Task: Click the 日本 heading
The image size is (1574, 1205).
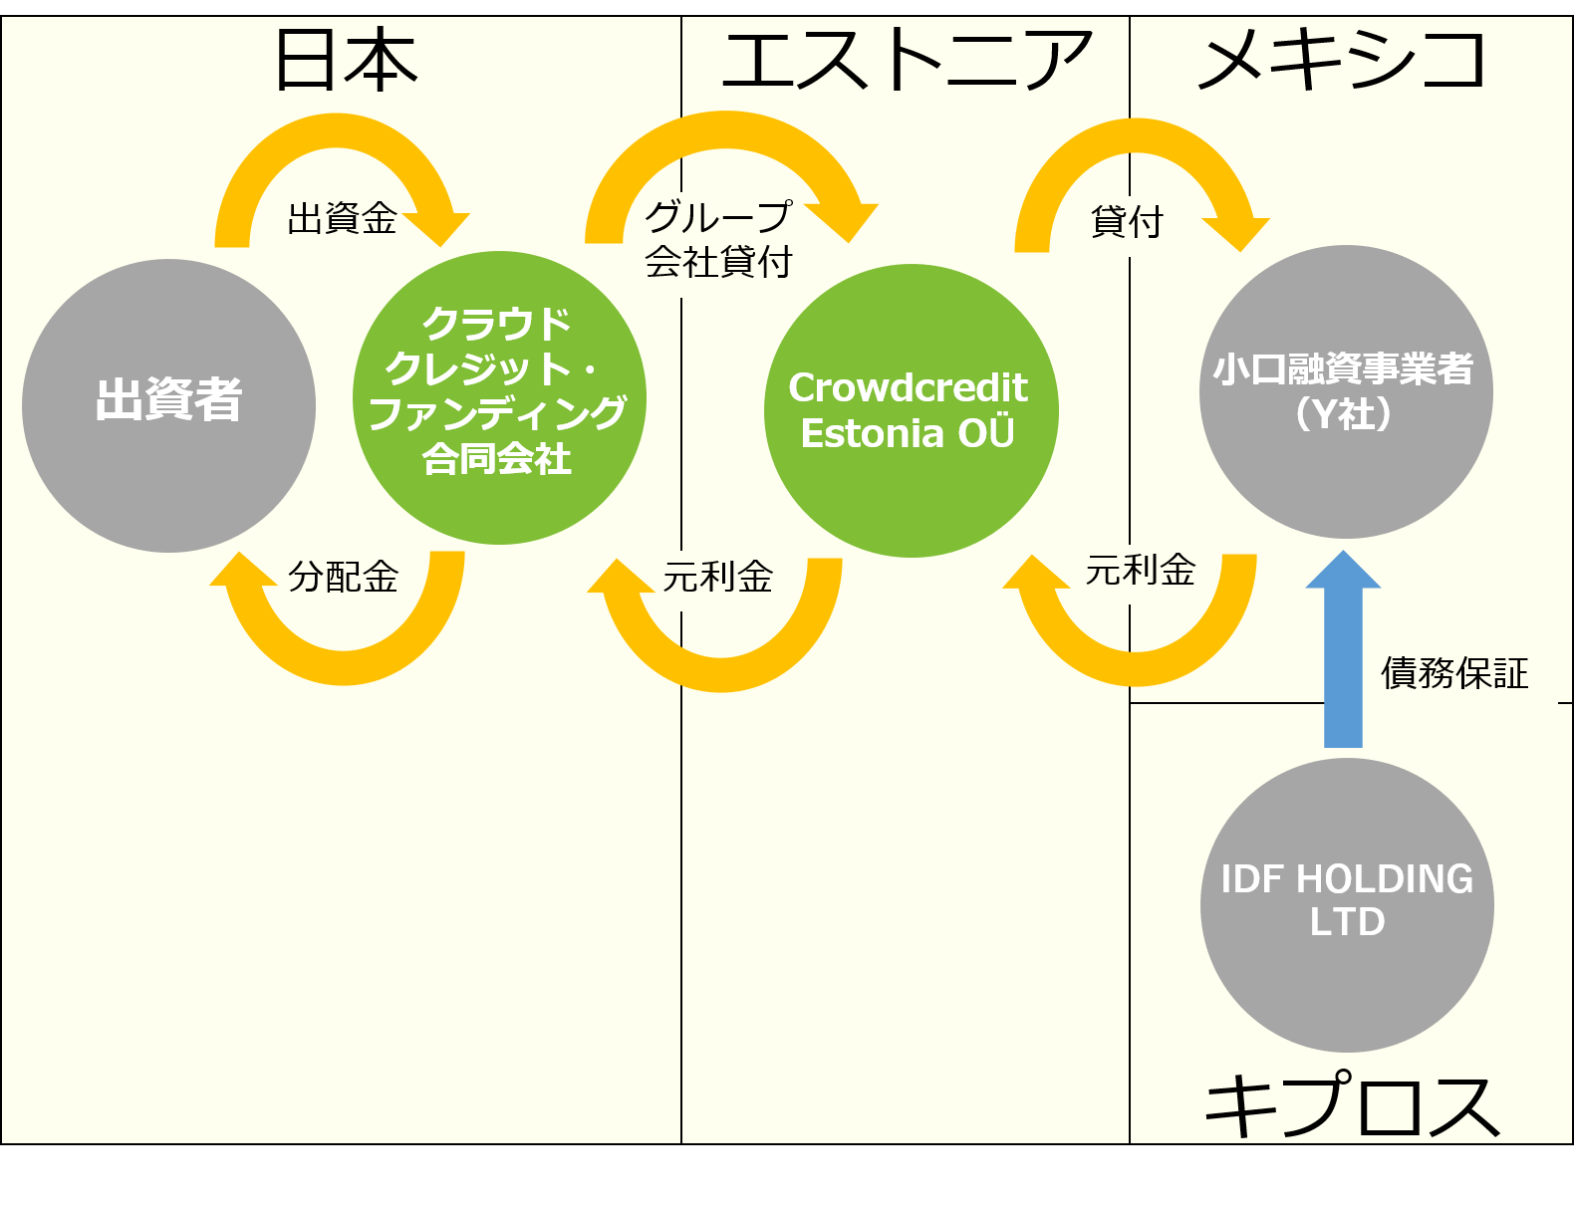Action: pyautogui.click(x=347, y=60)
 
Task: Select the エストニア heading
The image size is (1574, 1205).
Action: pyautogui.click(x=907, y=60)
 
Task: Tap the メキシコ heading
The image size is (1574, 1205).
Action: pyautogui.click(x=1342, y=60)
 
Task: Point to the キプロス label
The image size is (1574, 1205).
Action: pyautogui.click(x=1352, y=1104)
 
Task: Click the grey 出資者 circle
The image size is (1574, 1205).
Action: pyautogui.click(x=168, y=405)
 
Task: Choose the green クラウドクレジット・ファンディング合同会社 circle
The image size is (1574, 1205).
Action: pyautogui.click(x=499, y=397)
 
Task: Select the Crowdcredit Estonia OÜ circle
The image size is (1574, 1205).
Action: pyautogui.click(x=912, y=410)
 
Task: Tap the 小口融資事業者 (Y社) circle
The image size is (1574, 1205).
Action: pyautogui.click(x=1346, y=391)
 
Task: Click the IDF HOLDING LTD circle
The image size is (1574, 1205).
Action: pyautogui.click(x=1347, y=905)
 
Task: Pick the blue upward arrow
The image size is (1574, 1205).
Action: pyautogui.click(x=1343, y=649)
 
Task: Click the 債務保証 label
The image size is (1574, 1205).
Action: pyautogui.click(x=1454, y=673)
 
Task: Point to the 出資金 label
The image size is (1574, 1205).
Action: pyautogui.click(x=342, y=218)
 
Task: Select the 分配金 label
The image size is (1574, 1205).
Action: pyautogui.click(x=344, y=577)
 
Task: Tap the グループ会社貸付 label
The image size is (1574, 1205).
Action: pyautogui.click(x=718, y=239)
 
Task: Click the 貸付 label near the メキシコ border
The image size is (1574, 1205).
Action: pyautogui.click(x=1127, y=221)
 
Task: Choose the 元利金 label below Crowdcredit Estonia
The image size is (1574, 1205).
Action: pyautogui.click(x=718, y=577)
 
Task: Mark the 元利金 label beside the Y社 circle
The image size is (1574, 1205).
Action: pyautogui.click(x=1140, y=570)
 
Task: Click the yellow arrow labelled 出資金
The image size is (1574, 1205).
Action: pyautogui.click(x=336, y=130)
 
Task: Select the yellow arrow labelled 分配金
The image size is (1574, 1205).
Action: pyautogui.click(x=344, y=667)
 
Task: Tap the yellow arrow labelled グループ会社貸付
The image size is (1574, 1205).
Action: pyautogui.click(x=724, y=129)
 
